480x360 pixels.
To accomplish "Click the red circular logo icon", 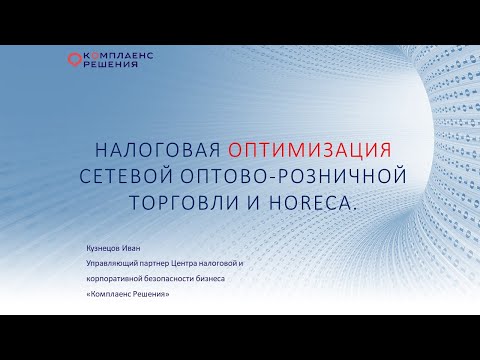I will pos(71,61).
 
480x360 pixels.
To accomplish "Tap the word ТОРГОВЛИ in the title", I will pos(177,203).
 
